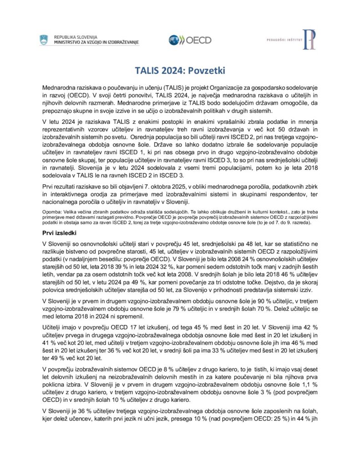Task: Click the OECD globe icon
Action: click(x=174, y=40)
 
